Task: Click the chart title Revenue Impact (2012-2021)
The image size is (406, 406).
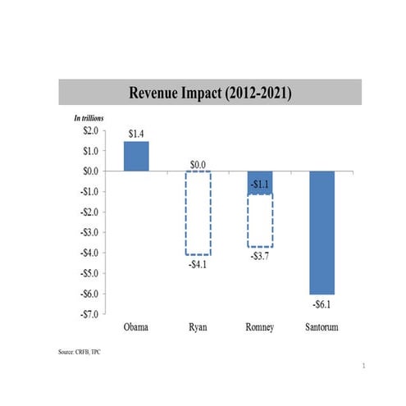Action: coord(210,92)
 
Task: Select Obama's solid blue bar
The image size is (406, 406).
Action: coord(136,156)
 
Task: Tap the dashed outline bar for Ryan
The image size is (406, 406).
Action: coord(198,213)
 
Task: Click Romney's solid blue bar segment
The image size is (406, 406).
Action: coord(259,182)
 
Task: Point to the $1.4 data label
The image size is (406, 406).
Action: coord(136,131)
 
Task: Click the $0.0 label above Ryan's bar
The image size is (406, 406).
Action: coord(198,164)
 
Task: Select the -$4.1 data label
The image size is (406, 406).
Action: coord(197,264)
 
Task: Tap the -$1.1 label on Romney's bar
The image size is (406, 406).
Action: coord(259,185)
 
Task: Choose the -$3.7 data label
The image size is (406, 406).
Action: coord(259,257)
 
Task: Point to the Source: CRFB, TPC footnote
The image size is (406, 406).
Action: coord(80,351)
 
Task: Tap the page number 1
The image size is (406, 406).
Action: coord(362,367)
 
